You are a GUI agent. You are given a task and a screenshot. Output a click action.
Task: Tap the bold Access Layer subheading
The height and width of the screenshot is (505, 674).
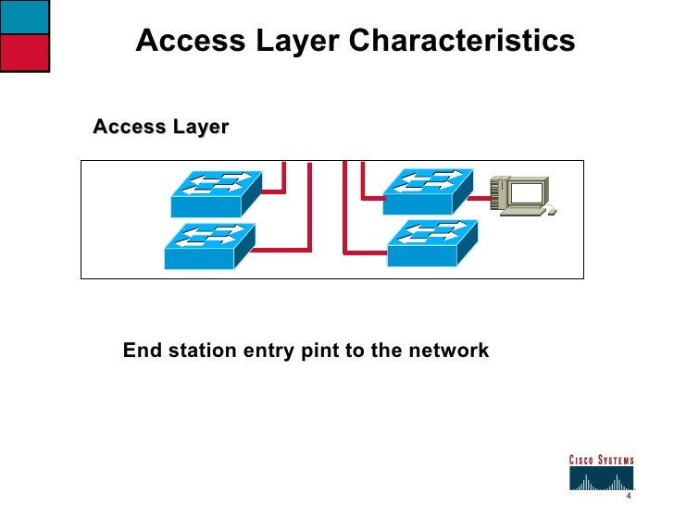(160, 127)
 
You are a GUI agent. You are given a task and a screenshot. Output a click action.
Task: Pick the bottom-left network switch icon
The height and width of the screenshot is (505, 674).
(208, 246)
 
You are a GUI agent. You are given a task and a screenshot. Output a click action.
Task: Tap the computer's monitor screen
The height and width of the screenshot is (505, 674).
(527, 191)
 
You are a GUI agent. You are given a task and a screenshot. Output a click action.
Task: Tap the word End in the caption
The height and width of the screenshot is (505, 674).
(142, 351)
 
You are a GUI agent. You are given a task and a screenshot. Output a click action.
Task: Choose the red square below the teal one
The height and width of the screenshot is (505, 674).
(25, 54)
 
